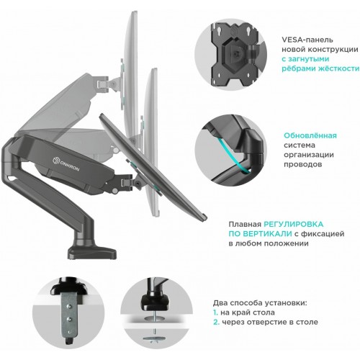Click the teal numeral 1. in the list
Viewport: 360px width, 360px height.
point(216,313)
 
